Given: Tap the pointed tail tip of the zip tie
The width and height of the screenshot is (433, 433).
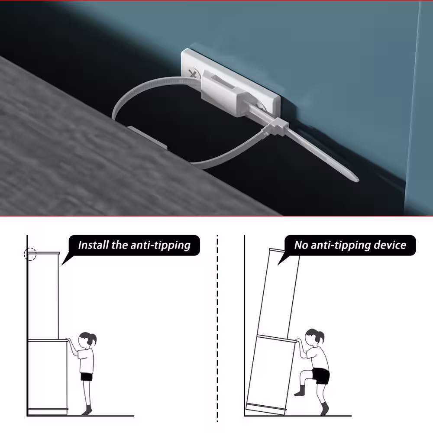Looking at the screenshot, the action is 358,180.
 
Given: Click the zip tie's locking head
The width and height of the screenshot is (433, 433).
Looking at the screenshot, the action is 277,126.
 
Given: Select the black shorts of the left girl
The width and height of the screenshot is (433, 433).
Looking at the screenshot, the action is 87,377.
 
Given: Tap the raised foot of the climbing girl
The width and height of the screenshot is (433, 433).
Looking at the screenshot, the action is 299,392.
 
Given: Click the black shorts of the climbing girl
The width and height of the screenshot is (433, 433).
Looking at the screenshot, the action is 321,375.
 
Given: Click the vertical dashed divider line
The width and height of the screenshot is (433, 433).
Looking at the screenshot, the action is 218,329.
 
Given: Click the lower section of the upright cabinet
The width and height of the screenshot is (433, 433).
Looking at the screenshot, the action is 48,377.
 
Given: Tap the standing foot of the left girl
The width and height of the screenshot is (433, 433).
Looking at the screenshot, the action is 87,411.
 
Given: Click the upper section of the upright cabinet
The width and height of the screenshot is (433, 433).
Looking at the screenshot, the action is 43,296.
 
